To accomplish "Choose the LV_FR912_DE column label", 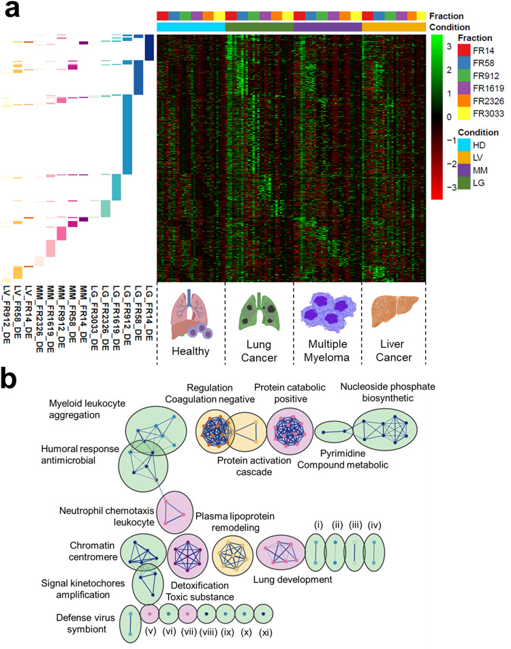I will pos(6,312).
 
